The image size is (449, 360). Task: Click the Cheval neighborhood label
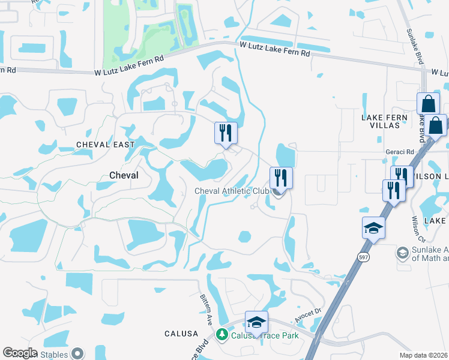tap(124, 175)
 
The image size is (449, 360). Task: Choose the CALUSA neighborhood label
tap(181, 333)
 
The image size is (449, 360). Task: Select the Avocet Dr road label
tap(309, 323)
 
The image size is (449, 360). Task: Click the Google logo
tap(19, 353)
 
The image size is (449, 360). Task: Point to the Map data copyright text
tap(424, 355)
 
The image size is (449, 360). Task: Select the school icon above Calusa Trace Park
tap(256, 322)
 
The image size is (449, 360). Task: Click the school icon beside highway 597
tap(373, 227)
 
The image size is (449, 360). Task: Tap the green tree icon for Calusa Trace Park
tap(223, 335)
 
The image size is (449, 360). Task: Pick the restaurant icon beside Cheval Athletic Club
tap(281, 178)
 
